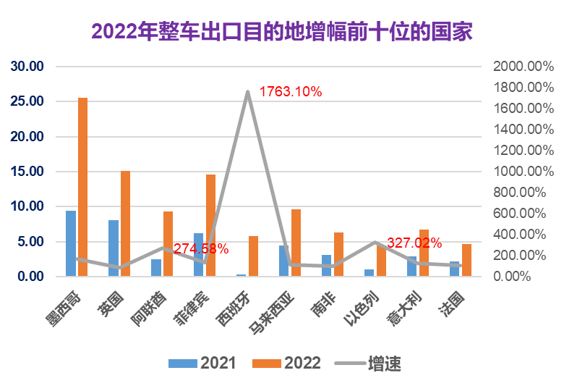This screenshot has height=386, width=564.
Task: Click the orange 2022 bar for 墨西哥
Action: pos(82,187)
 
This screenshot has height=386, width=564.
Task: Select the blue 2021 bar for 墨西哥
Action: pos(71,243)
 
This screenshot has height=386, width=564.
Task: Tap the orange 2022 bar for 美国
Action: pos(125,223)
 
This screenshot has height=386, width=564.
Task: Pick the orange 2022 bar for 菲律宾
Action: pos(210,225)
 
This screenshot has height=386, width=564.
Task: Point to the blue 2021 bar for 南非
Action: pos(327,265)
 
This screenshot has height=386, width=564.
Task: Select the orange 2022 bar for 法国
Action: pos(466,260)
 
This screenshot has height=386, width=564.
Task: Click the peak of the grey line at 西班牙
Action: pos(247,91)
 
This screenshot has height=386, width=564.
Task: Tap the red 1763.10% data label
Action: pos(290,92)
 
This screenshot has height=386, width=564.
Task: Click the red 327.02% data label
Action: pos(414,243)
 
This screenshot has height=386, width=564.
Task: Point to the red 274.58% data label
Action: pos(201,248)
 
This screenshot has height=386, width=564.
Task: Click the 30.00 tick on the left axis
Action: pos(27,67)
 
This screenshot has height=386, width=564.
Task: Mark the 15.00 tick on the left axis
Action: pos(27,172)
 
